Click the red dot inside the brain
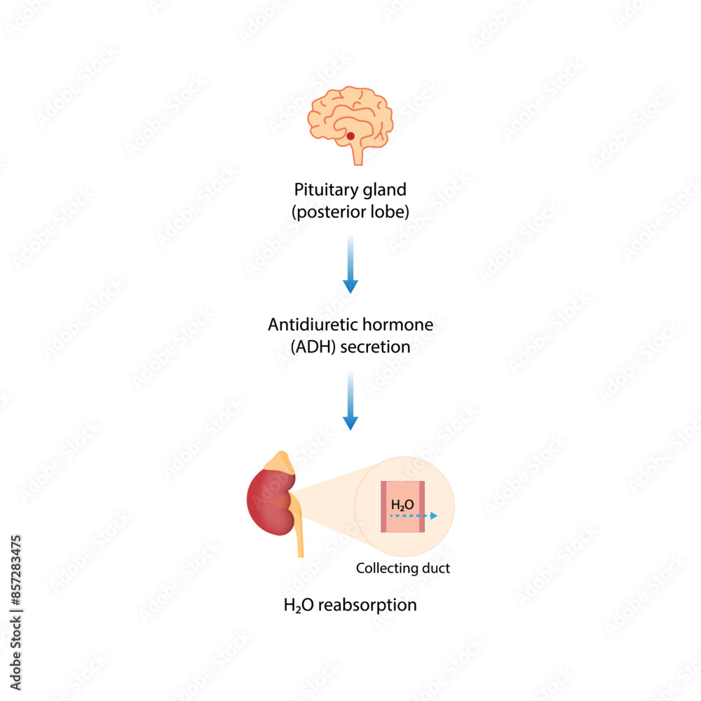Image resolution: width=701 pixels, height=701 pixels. pos(350,135)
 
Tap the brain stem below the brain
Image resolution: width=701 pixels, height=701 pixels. pos(358,154)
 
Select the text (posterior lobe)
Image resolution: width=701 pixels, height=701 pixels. pos(350,211)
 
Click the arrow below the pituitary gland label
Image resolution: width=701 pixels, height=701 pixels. pos(350,266)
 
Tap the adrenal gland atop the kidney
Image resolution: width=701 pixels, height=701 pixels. pos(282,460)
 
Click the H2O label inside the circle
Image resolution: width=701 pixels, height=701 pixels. pos(402,504)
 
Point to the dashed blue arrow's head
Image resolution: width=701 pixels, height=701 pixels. pos(434,515)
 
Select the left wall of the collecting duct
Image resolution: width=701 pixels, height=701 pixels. pos(384,507)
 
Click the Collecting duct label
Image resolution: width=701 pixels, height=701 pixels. pos(403,569)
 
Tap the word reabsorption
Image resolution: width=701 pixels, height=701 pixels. pos(367,604)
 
